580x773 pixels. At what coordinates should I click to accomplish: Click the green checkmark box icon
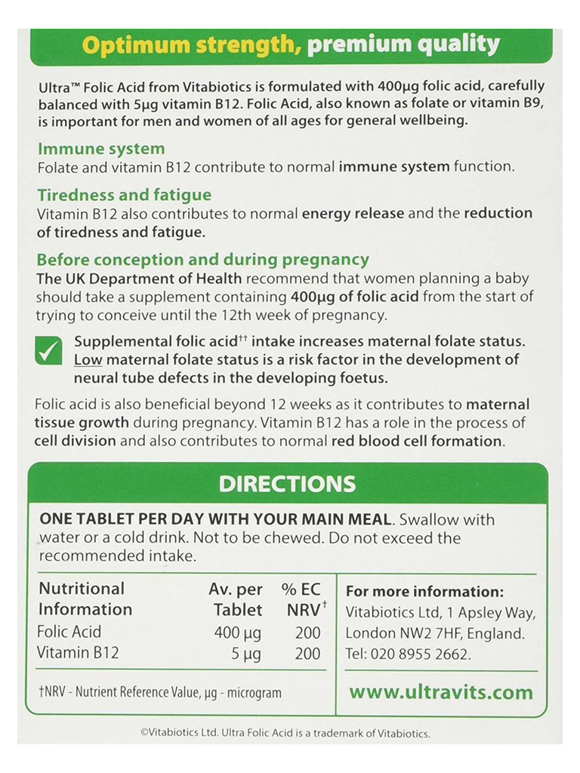pos(49,351)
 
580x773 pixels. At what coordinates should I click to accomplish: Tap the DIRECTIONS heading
pos(287,483)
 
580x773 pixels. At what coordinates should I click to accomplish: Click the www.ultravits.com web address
pos(440,691)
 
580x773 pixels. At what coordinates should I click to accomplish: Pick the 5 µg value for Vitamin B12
pos(246,653)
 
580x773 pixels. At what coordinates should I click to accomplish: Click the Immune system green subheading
pos(101,149)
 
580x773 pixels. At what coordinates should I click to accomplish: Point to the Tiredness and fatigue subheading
pos(124,196)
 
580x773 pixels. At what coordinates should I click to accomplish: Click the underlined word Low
pos(88,360)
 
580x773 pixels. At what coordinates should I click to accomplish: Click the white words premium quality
pos(403,45)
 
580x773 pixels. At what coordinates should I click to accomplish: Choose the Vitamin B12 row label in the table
pos(78,653)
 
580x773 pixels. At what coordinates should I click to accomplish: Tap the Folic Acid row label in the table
pos(69,632)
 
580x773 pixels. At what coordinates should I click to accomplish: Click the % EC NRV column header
pos(304,599)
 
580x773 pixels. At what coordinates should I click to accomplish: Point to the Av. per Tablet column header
pos(236,599)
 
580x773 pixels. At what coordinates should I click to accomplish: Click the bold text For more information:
pos(424,592)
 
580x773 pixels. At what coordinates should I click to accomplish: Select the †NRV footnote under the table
pos(159,692)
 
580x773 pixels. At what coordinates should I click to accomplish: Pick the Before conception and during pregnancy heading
pos(202,260)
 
